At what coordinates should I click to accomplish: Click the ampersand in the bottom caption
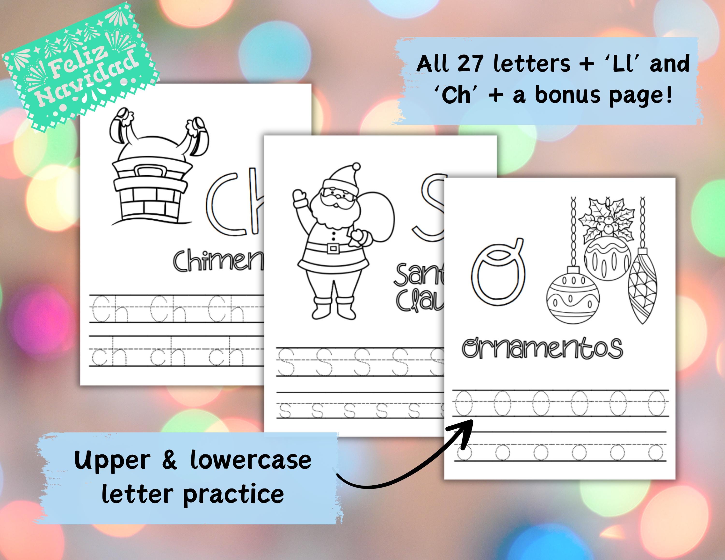tap(170, 460)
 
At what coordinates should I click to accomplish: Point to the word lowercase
tap(251, 460)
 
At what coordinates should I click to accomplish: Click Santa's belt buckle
tap(333, 248)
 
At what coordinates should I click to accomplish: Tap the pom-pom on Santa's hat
tap(356, 166)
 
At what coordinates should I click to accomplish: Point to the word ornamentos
tap(542, 348)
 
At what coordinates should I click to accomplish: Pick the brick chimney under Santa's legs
tap(151, 192)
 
